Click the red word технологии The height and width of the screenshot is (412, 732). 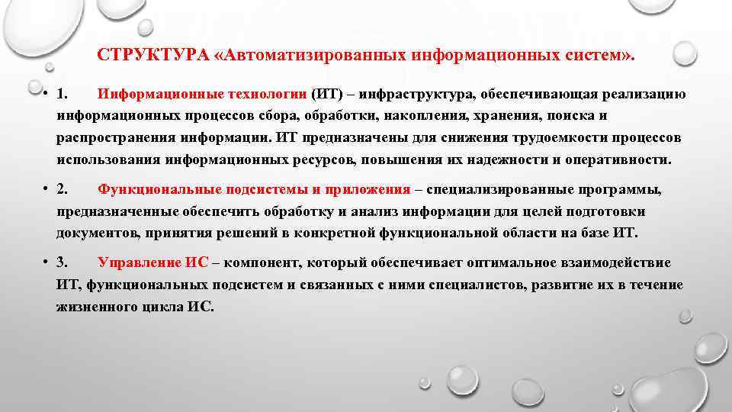coord(266,95)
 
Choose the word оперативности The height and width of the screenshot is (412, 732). coord(603,161)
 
